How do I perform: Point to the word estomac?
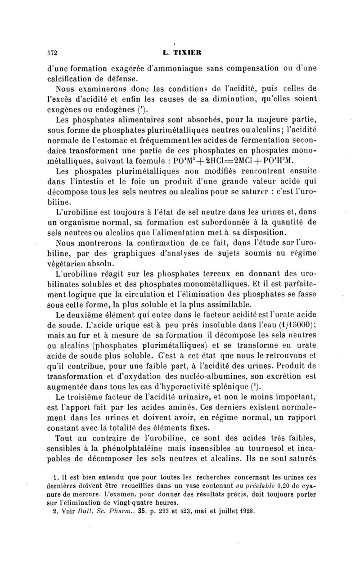pos(137,140)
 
